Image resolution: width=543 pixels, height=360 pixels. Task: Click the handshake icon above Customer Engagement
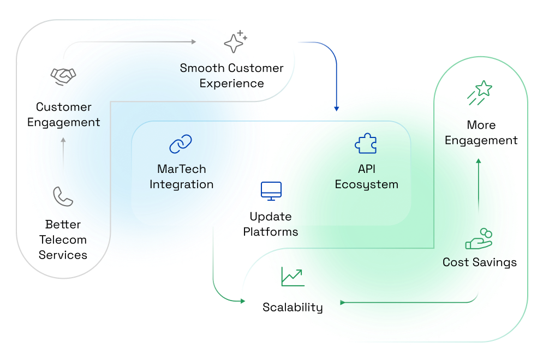(63, 76)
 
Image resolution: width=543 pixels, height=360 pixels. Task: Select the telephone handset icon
(63, 196)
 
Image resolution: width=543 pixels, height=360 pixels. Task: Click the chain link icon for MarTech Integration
(181, 145)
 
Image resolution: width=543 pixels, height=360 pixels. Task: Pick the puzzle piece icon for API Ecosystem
(366, 144)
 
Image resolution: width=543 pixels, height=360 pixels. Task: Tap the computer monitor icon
(271, 191)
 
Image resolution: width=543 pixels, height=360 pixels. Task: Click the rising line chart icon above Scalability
(293, 277)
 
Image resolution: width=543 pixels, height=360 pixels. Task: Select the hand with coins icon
(479, 239)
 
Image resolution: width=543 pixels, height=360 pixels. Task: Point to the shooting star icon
(479, 92)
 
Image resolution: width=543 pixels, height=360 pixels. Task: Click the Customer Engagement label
(64, 115)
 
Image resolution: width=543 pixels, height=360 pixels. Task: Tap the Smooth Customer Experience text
(232, 76)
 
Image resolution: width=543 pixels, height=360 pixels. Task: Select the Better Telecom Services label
(63, 239)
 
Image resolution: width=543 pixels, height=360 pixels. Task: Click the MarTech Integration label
(181, 177)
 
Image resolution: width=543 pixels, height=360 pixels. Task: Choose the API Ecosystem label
(366, 177)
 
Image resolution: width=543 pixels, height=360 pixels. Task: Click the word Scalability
(293, 307)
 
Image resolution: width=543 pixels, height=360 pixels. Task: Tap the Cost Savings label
(480, 262)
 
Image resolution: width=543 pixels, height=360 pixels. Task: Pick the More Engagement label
(481, 133)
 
